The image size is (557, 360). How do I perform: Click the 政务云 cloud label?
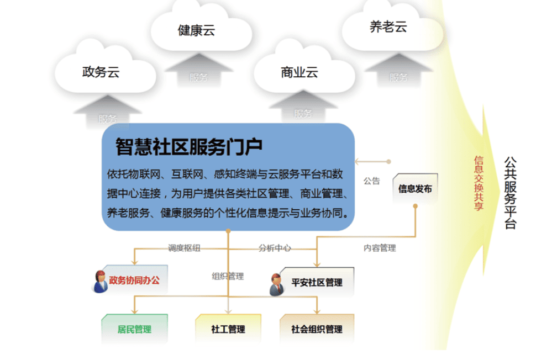click(x=101, y=72)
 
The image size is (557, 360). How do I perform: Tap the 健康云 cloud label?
click(x=196, y=30)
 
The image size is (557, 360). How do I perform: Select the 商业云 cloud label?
click(x=299, y=72)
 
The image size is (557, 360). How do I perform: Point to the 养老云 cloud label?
click(x=388, y=27)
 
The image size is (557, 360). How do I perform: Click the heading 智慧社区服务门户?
click(x=189, y=147)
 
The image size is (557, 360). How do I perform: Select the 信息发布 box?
click(x=415, y=188)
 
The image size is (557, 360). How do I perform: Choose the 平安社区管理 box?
click(x=317, y=282)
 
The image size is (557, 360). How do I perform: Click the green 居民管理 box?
click(x=134, y=329)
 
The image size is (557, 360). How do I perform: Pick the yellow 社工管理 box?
click(x=228, y=329)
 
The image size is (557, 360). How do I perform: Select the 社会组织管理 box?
click(x=317, y=329)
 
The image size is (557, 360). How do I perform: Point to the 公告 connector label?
click(x=371, y=181)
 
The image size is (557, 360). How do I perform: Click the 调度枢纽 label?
click(x=184, y=248)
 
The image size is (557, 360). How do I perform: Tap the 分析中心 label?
click(x=275, y=248)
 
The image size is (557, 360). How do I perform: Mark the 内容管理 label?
click(x=380, y=248)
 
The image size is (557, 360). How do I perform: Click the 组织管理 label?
click(x=228, y=276)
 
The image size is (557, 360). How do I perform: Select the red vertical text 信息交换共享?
click(x=479, y=183)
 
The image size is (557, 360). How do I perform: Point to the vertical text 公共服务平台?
click(x=510, y=193)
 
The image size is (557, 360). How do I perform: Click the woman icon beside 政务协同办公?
click(x=100, y=282)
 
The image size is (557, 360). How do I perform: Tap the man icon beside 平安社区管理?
click(x=276, y=284)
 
